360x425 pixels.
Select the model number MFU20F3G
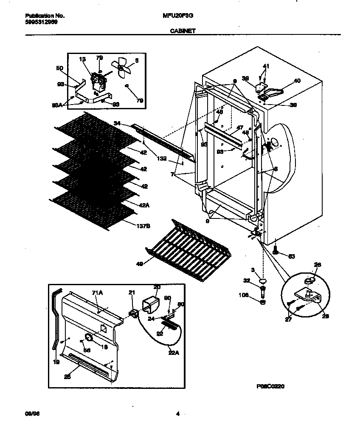177,16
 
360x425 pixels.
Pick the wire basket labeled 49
183,251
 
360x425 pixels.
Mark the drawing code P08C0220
270,386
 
